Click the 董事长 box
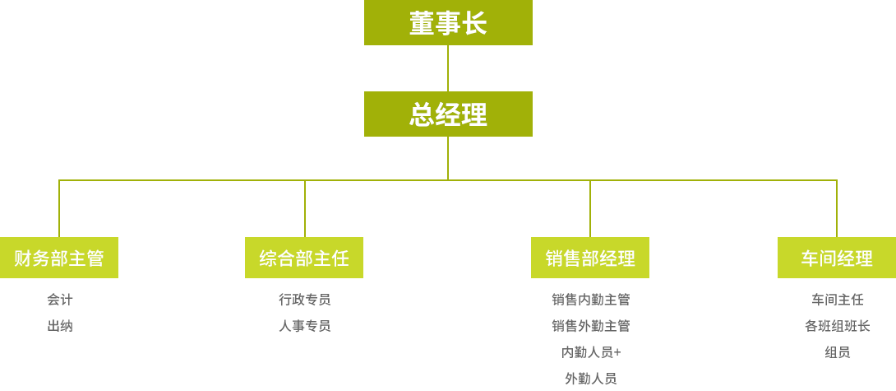[447, 23]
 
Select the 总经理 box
[447, 114]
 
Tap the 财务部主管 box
[59, 258]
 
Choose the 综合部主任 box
[303, 258]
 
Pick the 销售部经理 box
[589, 258]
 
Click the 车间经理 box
[836, 258]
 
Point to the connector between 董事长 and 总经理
[447, 68]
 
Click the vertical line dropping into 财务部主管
[58, 208]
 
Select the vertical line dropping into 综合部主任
[304, 208]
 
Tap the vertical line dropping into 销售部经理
[589, 208]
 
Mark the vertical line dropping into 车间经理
[836, 208]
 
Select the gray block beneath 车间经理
[841, 326]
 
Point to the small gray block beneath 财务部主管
[58, 314]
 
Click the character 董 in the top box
[421, 23]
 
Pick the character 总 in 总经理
[421, 114]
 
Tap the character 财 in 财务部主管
[23, 258]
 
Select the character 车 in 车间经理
[810, 258]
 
